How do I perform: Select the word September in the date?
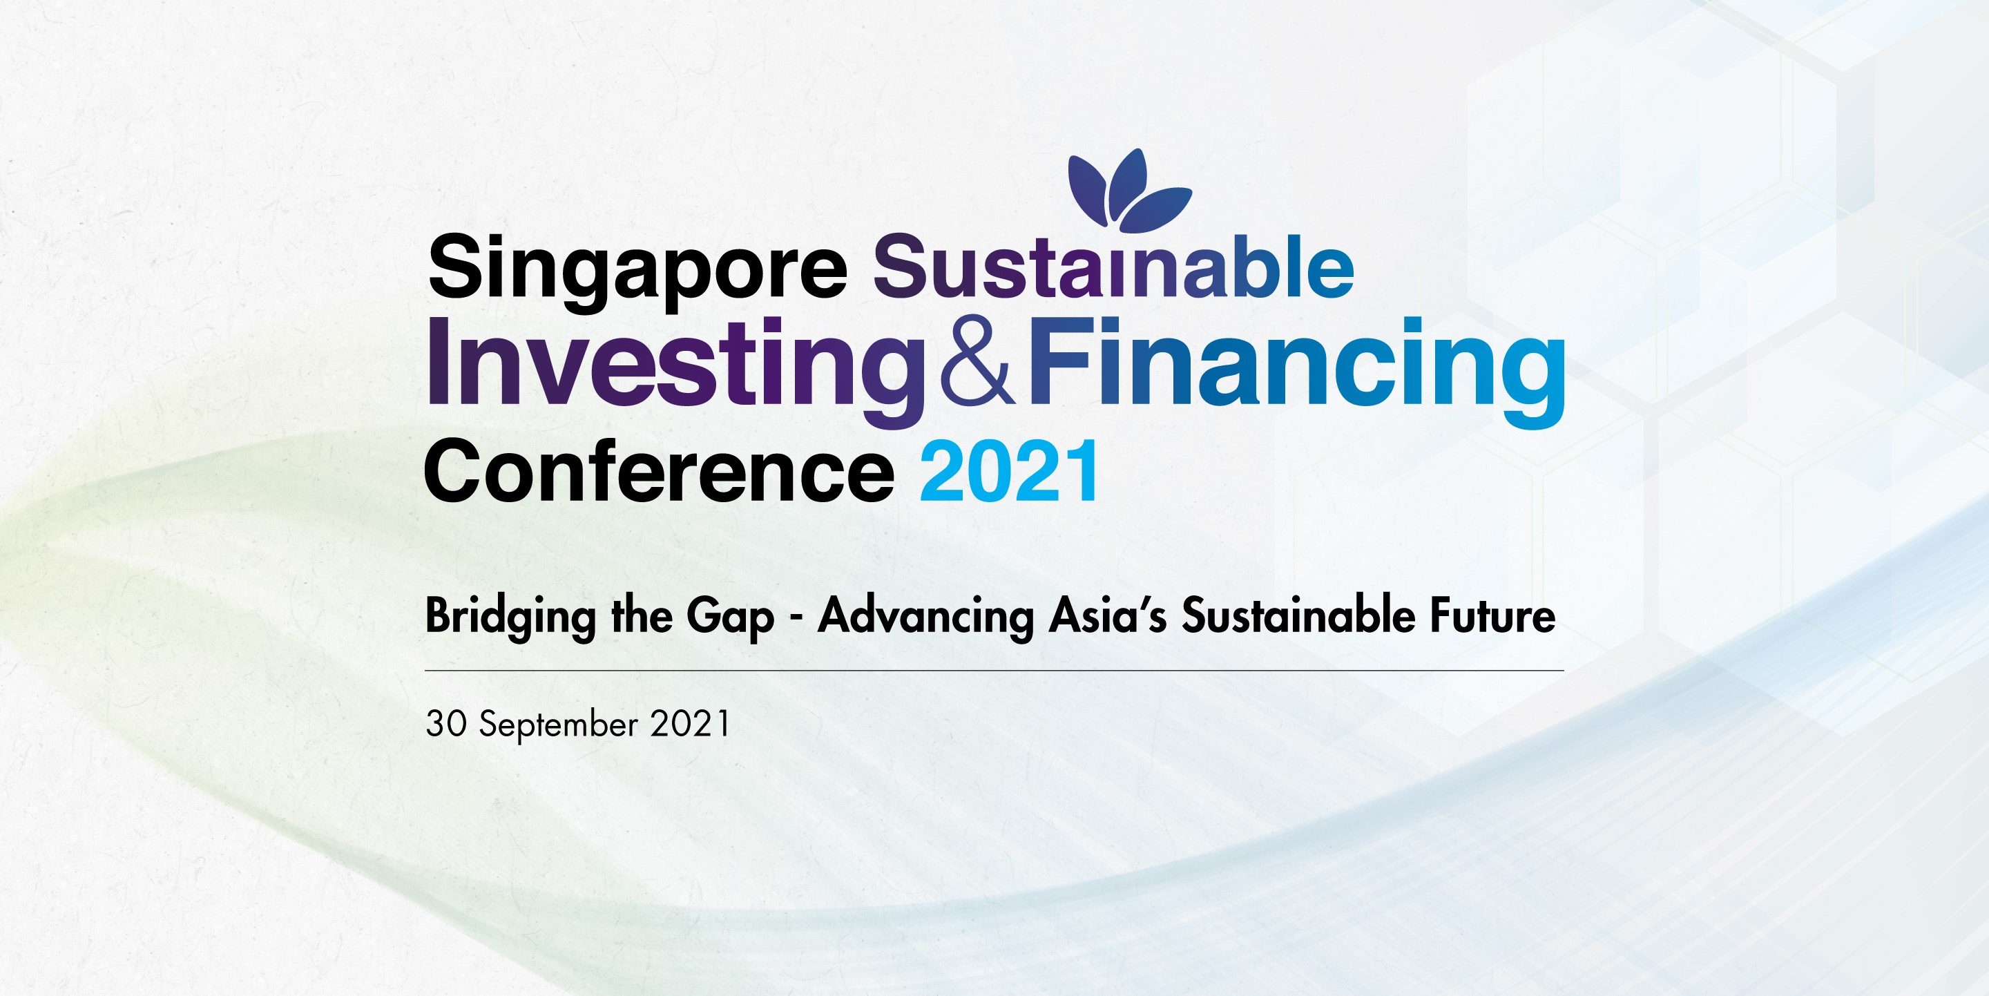562,727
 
